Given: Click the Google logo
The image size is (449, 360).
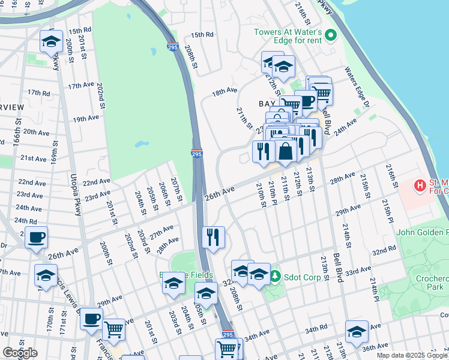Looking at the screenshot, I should pyautogui.click(x=20, y=353).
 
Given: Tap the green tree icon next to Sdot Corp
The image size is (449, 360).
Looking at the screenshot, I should pyautogui.click(x=275, y=276).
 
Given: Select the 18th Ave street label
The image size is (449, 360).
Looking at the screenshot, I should pyautogui.click(x=224, y=92).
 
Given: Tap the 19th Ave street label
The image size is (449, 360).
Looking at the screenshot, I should pyautogui.click(x=85, y=119).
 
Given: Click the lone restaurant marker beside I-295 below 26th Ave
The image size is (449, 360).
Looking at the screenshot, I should pyautogui.click(x=214, y=237).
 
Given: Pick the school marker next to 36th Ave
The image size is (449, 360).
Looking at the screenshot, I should pyautogui.click(x=356, y=331).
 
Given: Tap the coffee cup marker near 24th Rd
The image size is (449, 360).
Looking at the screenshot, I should pyautogui.click(x=37, y=238).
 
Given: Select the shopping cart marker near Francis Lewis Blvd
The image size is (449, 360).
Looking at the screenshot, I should pyautogui.click(x=113, y=329).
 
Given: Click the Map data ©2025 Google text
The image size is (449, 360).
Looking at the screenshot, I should pyautogui.click(x=412, y=355).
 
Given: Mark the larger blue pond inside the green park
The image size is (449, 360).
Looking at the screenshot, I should pyautogui.click(x=142, y=145).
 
